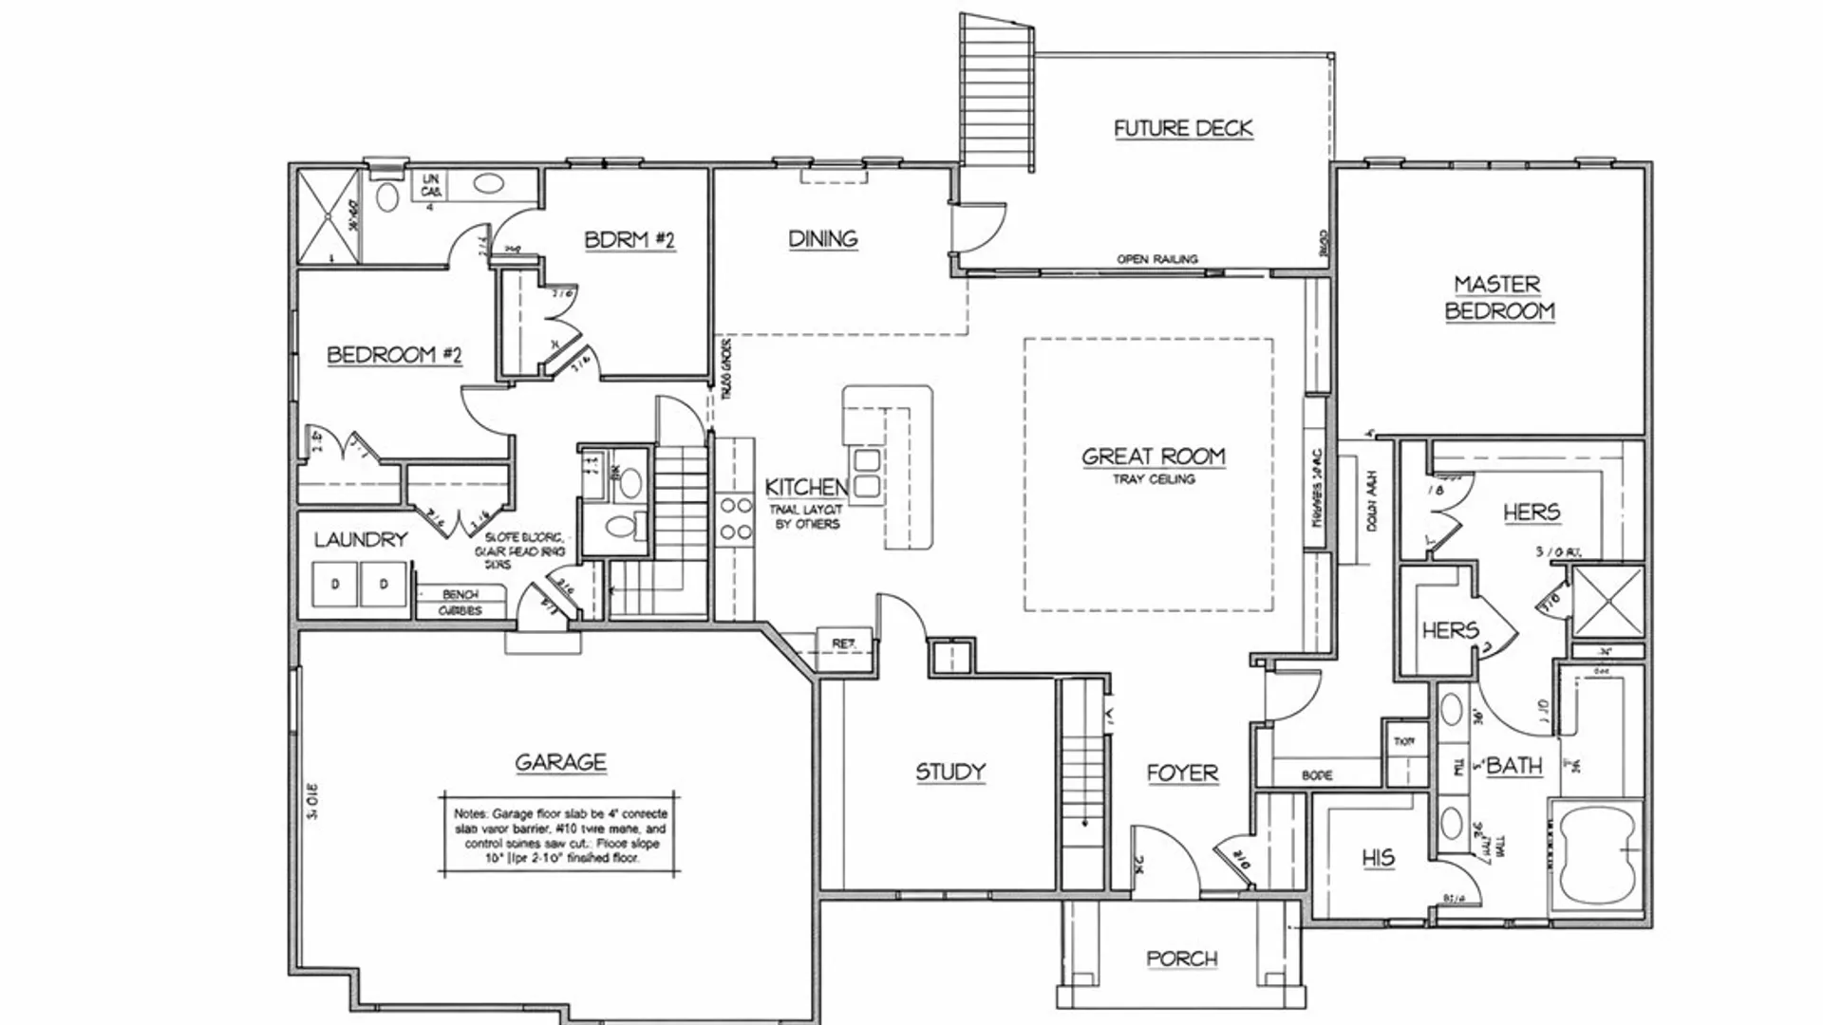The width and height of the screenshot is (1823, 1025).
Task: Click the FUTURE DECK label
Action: point(1183,128)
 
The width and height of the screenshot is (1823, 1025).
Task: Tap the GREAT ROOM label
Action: point(1154,457)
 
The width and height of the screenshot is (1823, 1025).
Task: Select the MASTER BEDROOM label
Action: point(1498,297)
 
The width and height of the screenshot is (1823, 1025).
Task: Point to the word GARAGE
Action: point(560,762)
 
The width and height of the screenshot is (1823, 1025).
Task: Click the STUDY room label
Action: point(949,772)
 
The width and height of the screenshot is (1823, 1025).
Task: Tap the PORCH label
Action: point(1181,959)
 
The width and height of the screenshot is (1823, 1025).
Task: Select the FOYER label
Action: point(1181,773)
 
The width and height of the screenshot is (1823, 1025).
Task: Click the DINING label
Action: point(822,238)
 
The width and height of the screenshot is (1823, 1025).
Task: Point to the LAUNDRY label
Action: point(361,539)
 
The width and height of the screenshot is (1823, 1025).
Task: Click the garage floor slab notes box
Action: point(560,835)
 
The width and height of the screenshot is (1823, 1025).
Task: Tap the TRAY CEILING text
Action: point(1154,479)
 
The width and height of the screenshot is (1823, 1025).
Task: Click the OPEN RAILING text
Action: point(1156,259)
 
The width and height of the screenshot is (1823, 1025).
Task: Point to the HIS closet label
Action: point(1378,858)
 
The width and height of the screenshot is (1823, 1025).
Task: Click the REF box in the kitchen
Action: point(843,643)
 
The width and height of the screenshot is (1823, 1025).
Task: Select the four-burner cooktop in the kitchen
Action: point(735,519)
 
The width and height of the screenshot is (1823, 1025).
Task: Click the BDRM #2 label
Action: point(629,239)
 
